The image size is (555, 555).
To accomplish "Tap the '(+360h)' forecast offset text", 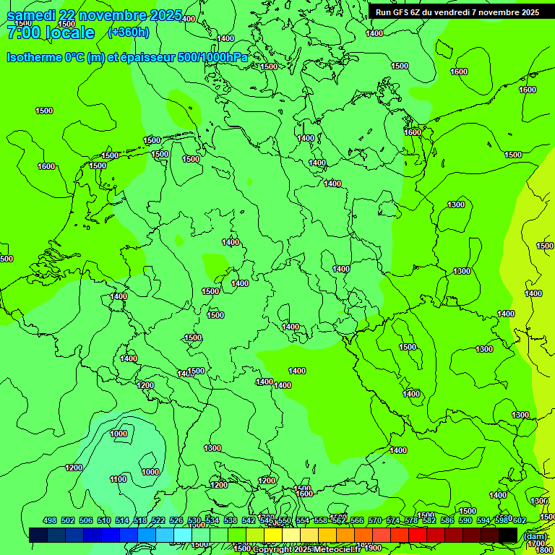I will click(129, 33).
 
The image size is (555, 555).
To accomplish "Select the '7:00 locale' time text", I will click(51, 33).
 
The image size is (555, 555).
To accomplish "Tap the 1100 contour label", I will click(118, 479).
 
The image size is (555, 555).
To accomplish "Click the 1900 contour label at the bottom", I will click(373, 548).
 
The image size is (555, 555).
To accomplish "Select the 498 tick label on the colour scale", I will click(50, 521).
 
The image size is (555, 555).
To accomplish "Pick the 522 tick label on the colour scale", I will click(158, 521).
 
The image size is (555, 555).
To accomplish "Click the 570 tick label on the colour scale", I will click(375, 521).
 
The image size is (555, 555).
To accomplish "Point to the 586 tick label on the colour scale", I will click(447, 521).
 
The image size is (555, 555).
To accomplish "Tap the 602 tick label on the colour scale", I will click(519, 521).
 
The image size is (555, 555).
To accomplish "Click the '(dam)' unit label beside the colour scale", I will click(535, 535).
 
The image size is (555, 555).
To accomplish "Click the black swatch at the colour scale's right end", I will click(508, 535).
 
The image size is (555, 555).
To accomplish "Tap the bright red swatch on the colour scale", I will click(418, 535).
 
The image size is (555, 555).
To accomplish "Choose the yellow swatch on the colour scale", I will click(273, 535).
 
